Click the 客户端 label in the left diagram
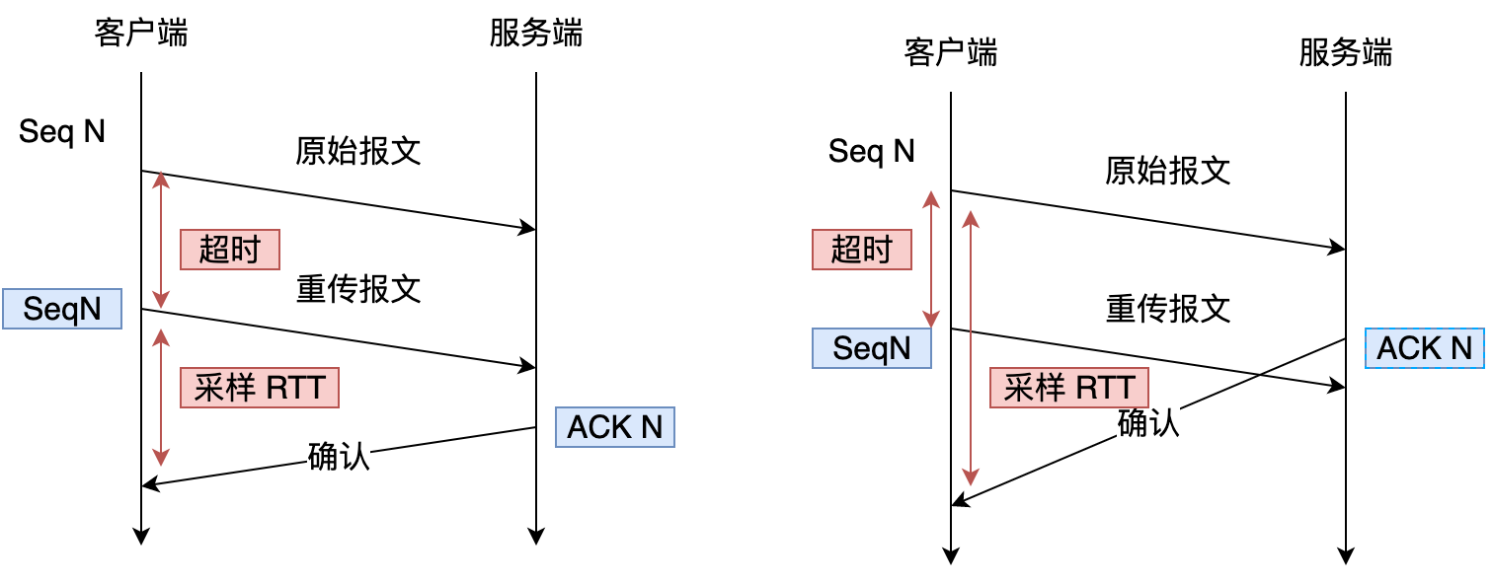141,34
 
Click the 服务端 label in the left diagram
536,34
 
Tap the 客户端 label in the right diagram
950,53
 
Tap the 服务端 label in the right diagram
1345,53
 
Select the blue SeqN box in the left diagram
62,309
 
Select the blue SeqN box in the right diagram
872,348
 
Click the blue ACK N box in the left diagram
614,427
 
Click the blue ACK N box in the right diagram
1424,348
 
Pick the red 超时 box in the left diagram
229,250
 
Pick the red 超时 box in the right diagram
861,250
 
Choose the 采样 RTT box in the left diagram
260,388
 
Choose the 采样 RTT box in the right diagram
1069,388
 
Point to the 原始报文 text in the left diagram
358,151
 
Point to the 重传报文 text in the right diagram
1168,309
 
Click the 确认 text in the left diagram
339,457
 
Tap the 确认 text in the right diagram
1148,422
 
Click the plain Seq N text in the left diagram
62,132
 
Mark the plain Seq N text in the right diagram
872,152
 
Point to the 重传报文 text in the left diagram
358,289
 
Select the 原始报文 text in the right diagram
1168,171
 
